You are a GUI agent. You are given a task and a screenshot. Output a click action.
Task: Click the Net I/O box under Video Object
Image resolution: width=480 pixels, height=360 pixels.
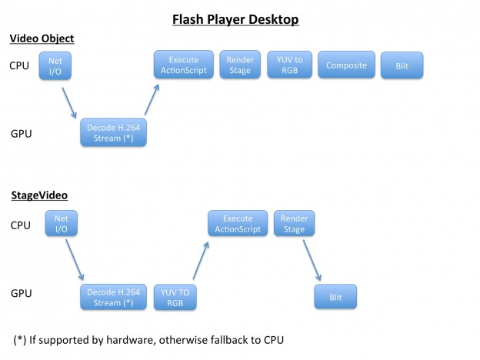[55, 65]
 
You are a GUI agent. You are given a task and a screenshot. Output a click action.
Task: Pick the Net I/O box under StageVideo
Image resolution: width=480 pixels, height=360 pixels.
[62, 224]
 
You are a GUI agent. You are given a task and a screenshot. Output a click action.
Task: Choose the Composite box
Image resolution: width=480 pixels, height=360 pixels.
[345, 65]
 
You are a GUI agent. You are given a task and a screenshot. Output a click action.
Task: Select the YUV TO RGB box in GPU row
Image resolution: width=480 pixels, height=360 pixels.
[174, 297]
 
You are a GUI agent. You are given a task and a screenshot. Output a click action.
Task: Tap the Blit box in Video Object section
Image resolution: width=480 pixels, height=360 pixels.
[402, 66]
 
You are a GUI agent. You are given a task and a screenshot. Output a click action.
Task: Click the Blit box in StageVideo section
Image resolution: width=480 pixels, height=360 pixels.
[336, 297]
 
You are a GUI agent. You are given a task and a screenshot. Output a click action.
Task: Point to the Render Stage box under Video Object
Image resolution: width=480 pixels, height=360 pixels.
[240, 65]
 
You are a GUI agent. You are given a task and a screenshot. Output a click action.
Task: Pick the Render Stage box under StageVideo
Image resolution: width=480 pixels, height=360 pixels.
[295, 223]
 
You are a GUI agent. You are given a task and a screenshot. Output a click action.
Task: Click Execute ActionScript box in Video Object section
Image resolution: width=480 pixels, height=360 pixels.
[184, 65]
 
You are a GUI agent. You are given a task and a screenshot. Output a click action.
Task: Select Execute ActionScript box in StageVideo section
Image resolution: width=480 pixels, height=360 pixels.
[238, 223]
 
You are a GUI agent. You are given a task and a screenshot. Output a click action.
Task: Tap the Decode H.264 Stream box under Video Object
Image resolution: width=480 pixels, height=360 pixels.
[112, 133]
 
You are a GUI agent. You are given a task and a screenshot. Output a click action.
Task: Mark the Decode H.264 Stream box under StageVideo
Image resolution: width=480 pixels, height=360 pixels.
[112, 297]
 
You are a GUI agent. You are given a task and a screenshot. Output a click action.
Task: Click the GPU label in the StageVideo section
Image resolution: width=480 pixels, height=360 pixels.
[22, 292]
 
